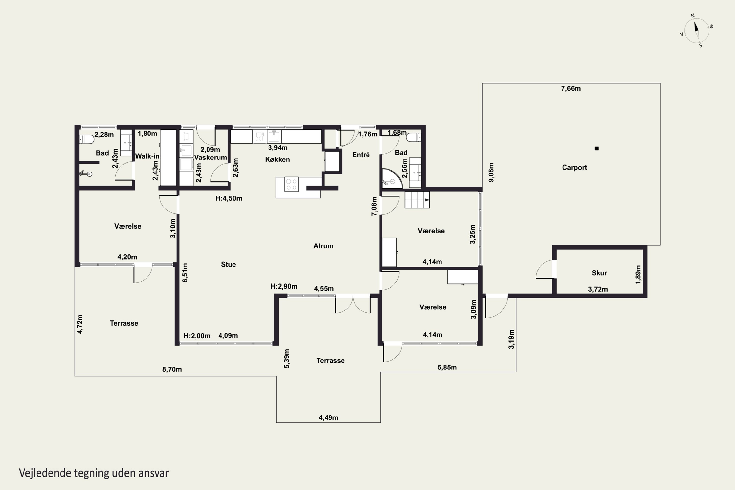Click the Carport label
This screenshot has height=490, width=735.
(x=574, y=168)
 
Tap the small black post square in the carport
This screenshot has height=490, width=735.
(x=597, y=148)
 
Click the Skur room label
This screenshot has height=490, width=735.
(x=599, y=273)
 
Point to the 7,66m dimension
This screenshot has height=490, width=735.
(x=571, y=88)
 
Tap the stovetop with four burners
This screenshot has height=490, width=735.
(x=292, y=184)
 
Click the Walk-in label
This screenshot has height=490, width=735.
(x=147, y=156)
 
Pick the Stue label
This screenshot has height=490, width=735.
(x=228, y=264)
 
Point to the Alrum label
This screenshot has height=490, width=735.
(x=323, y=246)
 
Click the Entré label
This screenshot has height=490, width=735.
(x=361, y=155)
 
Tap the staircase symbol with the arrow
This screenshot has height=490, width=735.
(x=417, y=200)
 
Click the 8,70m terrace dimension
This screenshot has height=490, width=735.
(x=172, y=369)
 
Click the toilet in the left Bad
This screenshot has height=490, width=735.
(x=86, y=139)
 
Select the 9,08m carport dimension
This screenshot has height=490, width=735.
(x=491, y=172)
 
